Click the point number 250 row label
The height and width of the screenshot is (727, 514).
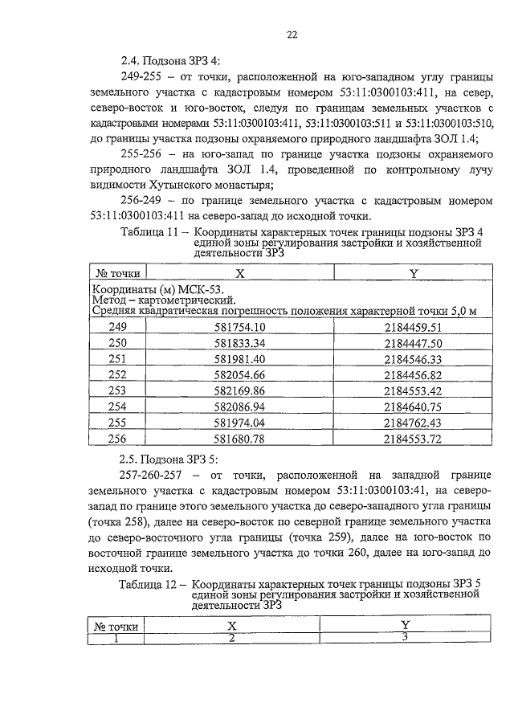pos(118,342)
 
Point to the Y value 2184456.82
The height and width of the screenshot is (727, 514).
pos(414,374)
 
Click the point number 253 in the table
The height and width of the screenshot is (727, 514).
pos(118,390)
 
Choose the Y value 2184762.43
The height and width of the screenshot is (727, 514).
pos(414,423)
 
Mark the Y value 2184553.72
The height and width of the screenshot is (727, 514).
pos(414,439)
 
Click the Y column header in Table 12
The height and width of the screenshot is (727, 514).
pos(406,625)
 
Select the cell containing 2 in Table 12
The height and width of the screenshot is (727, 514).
pos(231,638)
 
